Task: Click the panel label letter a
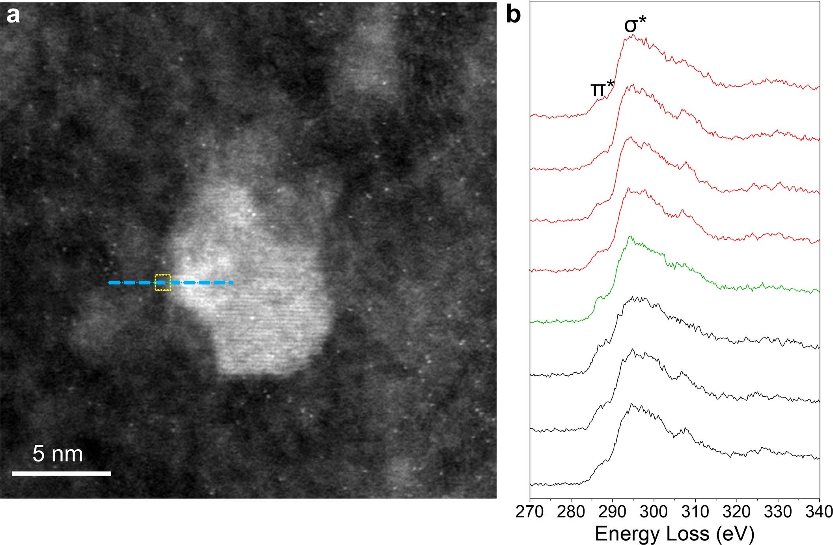click(x=13, y=16)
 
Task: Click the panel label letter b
click(x=513, y=15)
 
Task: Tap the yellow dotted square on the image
click(x=162, y=282)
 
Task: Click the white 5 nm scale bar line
click(x=61, y=473)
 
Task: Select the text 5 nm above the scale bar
click(x=58, y=454)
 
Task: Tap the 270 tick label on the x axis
click(x=530, y=512)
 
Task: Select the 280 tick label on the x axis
click(x=571, y=512)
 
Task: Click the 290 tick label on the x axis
click(x=613, y=512)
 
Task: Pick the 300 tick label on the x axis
click(x=654, y=512)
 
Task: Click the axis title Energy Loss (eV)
click(x=674, y=534)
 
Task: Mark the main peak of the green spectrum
click(x=630, y=237)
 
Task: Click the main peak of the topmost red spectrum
click(x=633, y=35)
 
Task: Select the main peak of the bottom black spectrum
click(x=632, y=404)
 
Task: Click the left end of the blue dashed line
click(x=110, y=282)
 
